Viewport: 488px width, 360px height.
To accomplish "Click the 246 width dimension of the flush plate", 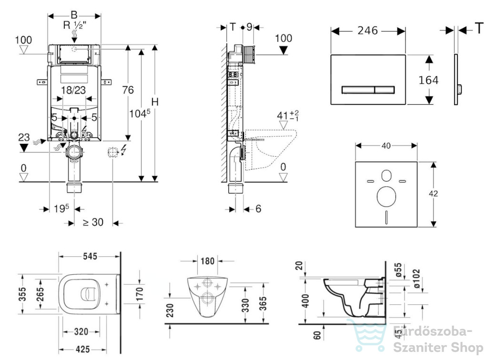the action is tap(367, 30).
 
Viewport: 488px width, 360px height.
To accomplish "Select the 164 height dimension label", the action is tap(428, 80).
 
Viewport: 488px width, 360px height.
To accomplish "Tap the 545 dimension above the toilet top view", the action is tap(90, 257).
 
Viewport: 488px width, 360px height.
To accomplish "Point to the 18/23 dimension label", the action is tap(73, 90).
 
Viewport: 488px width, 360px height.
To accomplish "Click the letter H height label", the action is tap(155, 102).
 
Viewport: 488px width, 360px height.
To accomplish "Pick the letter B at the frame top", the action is tap(74, 15).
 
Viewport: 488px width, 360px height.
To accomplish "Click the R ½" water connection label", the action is tap(75, 25).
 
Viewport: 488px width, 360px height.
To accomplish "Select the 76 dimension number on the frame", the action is tap(128, 90).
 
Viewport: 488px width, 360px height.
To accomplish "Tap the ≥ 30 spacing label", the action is tap(93, 222).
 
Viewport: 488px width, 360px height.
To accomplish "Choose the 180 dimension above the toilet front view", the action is tap(208, 261).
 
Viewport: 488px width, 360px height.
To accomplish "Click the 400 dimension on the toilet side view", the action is tap(306, 300).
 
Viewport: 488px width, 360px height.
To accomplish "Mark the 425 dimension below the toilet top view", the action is tap(82, 350).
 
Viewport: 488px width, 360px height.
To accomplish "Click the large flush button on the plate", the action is tap(358, 90).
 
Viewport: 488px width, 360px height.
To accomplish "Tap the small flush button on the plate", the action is tap(385, 90).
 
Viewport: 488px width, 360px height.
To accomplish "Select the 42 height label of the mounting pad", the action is tap(433, 194).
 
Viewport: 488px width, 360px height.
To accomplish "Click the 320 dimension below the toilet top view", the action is tap(81, 332).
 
